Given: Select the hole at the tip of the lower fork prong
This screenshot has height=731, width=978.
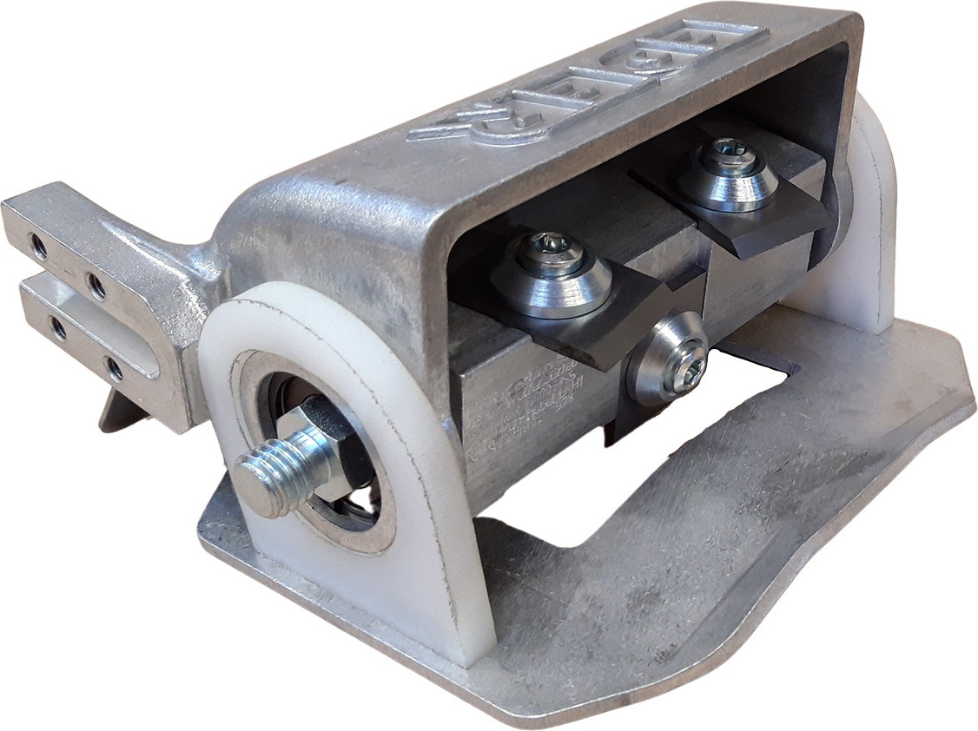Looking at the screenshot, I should [57, 328].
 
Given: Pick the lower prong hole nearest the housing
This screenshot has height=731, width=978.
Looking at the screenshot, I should [114, 369].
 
